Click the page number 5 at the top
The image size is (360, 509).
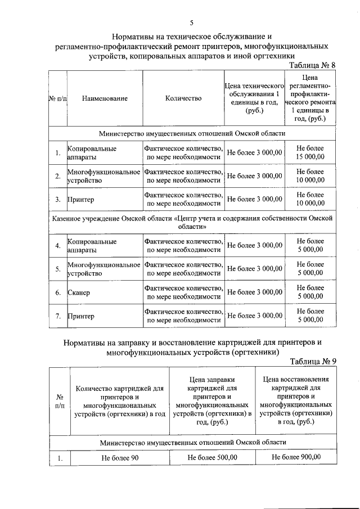(x=191, y=22)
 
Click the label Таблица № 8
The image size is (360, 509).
(x=312, y=65)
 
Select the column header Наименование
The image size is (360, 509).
(x=105, y=98)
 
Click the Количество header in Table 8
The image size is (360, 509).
(x=183, y=98)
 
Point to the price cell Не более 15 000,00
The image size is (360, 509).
(x=310, y=152)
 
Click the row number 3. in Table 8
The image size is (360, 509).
(x=58, y=199)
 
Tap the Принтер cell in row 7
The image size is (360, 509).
(x=81, y=316)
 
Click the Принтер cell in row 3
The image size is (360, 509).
(x=81, y=199)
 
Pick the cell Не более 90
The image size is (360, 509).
(x=120, y=458)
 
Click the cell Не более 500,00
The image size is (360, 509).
(x=212, y=458)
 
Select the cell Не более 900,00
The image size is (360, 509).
(x=296, y=457)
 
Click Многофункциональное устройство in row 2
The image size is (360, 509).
(x=103, y=176)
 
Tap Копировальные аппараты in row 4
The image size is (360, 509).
(x=92, y=246)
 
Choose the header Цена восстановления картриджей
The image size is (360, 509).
(x=296, y=400)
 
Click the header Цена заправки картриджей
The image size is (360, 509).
(x=212, y=400)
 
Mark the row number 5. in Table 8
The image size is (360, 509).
(x=58, y=269)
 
